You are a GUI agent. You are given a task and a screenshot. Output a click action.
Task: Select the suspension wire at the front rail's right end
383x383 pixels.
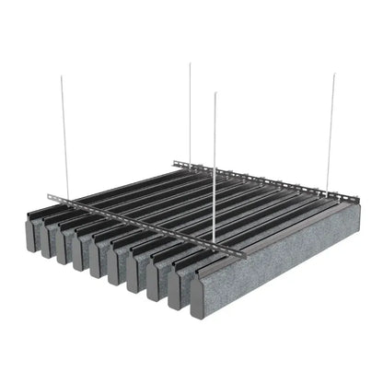click(x=215, y=166)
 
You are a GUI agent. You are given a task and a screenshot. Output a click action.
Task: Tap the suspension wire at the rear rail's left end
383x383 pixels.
click(x=190, y=110)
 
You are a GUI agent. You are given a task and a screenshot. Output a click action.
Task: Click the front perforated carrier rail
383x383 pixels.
click(x=138, y=225)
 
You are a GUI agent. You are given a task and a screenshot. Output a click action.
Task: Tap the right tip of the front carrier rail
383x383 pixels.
click(x=244, y=252)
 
